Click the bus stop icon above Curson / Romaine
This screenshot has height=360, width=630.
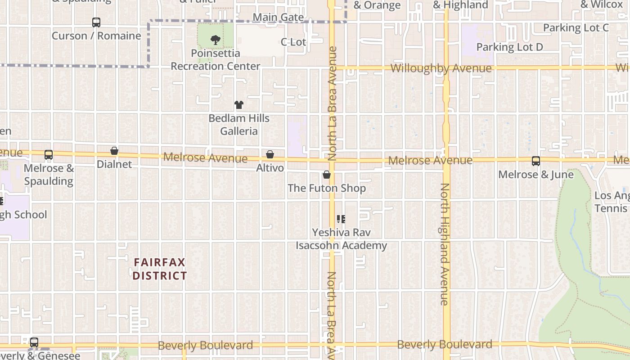[x=96, y=22]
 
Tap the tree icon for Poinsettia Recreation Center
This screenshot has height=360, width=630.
[x=216, y=40]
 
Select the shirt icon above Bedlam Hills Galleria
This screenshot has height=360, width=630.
[x=239, y=105]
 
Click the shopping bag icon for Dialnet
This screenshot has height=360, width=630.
[x=114, y=151]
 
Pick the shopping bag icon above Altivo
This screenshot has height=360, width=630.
[x=270, y=155]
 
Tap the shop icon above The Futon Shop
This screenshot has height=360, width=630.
[x=327, y=175]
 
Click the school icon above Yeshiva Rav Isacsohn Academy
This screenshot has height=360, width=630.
[x=341, y=219]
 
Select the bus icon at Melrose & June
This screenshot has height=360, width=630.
[x=535, y=161]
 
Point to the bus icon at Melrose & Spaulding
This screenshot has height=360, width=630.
[x=49, y=155]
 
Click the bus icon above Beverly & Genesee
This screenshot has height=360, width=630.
[x=34, y=342]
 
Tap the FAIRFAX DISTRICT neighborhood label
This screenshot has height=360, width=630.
[x=160, y=269]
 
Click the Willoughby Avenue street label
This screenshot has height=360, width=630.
[x=441, y=68]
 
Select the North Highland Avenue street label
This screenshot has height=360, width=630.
[x=445, y=244]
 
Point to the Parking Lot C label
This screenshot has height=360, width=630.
[x=576, y=28]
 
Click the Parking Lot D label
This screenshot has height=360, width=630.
[x=509, y=47]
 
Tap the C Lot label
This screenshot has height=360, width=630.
[x=293, y=42]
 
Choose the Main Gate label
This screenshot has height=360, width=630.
[x=278, y=18]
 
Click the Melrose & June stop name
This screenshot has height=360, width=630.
[x=535, y=175]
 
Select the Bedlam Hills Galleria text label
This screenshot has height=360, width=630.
[x=239, y=125]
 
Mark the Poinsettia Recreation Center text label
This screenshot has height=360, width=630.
[x=216, y=60]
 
